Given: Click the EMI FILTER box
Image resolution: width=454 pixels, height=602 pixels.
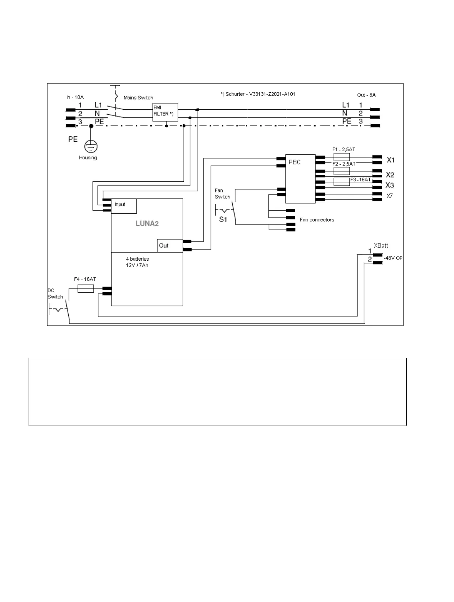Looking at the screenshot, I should point(165,112).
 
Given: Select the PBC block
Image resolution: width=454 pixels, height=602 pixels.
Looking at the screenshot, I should point(300,178).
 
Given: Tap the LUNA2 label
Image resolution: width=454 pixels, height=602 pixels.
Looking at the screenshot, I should point(147,224).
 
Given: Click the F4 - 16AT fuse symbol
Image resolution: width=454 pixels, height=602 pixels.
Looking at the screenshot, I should point(85,289).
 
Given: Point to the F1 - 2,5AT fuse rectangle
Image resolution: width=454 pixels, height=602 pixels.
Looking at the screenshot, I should point(341,157).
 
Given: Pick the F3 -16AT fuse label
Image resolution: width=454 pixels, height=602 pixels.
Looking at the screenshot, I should point(360,179).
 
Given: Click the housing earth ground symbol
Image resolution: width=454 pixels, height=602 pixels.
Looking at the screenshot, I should point(91,146).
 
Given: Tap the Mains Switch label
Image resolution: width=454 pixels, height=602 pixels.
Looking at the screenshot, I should point(138,98).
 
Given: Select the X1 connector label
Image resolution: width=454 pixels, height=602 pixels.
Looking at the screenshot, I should point(391,160).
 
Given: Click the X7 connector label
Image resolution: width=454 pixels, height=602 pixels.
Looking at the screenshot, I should point(390,196).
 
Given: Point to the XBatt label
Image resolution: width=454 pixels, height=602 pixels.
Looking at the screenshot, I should point(381,246).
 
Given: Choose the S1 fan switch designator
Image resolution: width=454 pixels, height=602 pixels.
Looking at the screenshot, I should point(223,219).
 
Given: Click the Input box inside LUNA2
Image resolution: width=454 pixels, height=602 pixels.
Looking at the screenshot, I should point(124,206).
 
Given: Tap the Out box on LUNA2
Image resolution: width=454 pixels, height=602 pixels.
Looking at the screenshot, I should point(170,245).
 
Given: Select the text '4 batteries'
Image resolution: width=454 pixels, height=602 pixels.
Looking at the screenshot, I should point(137,259).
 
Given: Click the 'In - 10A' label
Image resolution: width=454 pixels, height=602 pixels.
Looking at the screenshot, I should point(75,97).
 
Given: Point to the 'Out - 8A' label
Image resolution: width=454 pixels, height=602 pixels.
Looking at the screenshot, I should point(366,95).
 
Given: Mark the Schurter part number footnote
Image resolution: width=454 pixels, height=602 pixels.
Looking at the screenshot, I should point(258,94).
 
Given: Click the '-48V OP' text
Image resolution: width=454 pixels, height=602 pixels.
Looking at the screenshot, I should point(393,258).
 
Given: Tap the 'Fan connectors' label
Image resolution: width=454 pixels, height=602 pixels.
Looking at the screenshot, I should point(317,220).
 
